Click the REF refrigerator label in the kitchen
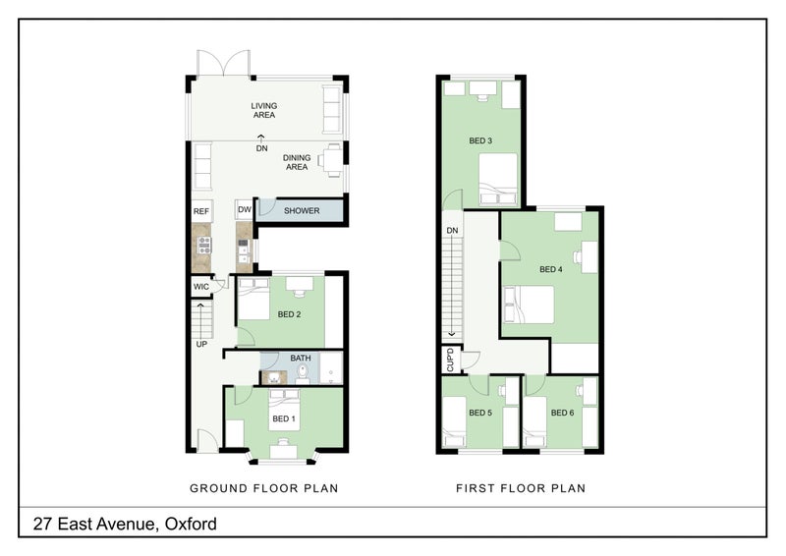pos(201,211)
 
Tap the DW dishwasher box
pos(244,209)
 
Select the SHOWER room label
pos(302,211)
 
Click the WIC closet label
pos(201,287)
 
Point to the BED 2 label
pos(289,314)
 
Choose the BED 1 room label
pos(284,418)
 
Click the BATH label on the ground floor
pos(301,358)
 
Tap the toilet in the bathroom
pos(303,372)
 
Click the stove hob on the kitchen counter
pos(204,246)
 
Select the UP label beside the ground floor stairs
pos(201,345)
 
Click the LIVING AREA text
pos(264,110)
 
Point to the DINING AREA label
pos(297,162)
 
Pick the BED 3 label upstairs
pos(480,140)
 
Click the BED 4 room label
pos(551,269)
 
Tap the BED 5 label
pos(480,413)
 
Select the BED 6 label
pos(562,413)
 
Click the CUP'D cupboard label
pos(450,360)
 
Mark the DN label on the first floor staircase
pos(452,231)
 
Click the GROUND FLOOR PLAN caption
pos(264,488)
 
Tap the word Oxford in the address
pos(191,524)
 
